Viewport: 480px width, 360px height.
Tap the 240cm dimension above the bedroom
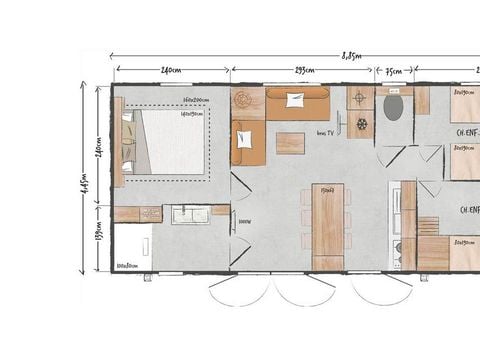pyautogui.click(x=171, y=70)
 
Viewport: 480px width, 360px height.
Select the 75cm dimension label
pyautogui.click(x=393, y=70)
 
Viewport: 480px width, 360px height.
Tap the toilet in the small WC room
pyautogui.click(x=394, y=108)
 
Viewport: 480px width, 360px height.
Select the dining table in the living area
pyautogui.click(x=326, y=218)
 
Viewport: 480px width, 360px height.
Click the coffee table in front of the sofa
pyautogui.click(x=290, y=142)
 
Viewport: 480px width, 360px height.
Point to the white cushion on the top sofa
pyautogui.click(x=295, y=99)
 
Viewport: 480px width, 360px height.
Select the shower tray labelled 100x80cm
pyautogui.click(x=132, y=245)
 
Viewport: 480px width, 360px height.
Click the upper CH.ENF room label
pyautogui.click(x=467, y=132)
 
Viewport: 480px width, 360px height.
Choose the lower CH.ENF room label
pyautogui.click(x=469, y=210)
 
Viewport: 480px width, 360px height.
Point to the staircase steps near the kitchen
pyautogui.click(x=429, y=226)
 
